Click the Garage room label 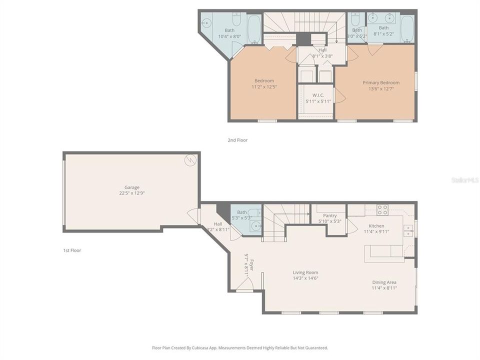coord(132,187)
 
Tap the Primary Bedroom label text coord(381,82)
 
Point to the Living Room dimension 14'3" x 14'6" coord(305,278)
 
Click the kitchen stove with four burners coord(382,210)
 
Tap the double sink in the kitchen coord(408,230)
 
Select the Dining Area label coord(384,282)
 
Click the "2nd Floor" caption coord(237,140)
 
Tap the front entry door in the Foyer coord(243,285)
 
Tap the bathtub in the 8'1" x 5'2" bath coord(407,29)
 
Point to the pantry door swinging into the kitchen coord(351,226)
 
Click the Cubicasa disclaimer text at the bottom coord(240,347)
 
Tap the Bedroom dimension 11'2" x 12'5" coord(264,86)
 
